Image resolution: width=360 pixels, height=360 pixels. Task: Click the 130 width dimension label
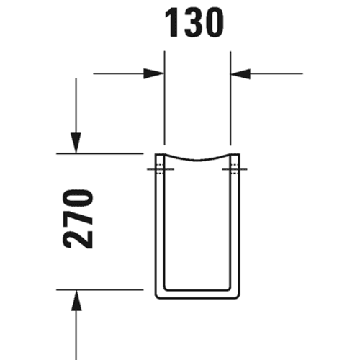194,24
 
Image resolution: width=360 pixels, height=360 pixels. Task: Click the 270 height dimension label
78,219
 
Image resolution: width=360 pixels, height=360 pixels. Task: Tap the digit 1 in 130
172,24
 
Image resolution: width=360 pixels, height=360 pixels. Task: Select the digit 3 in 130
192,24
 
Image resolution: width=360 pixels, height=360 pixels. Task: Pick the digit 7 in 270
78,219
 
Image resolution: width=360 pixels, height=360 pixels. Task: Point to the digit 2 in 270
78,239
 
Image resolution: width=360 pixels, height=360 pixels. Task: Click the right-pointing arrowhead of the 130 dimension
153,73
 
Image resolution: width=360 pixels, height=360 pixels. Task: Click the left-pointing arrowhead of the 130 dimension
240,73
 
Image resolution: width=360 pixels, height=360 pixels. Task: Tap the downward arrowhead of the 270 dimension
76,143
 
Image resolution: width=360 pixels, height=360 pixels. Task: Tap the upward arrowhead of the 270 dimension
76,300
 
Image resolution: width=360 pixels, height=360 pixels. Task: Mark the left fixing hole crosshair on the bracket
161,169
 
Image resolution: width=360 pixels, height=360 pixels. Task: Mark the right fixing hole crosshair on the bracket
235,169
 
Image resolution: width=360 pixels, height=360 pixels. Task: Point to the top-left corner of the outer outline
155,153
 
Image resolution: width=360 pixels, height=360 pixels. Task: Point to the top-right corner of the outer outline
240,153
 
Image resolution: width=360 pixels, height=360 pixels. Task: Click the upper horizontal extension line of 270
100,153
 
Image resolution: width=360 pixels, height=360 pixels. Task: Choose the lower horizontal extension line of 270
100,290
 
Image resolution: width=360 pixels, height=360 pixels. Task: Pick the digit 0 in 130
214,24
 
